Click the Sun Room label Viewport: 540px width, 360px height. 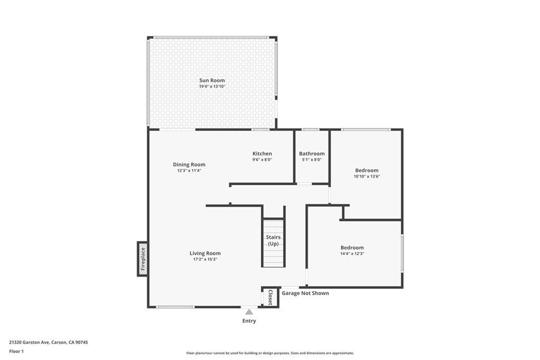[x=212, y=80]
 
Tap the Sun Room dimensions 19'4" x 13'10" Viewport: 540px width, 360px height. [x=212, y=86]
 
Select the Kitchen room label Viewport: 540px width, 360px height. [x=262, y=153]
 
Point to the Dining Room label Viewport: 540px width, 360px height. [x=189, y=164]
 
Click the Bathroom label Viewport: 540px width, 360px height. [x=312, y=153]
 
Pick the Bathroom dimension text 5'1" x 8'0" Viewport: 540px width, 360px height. [x=312, y=160]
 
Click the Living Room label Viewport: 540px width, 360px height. [x=205, y=254]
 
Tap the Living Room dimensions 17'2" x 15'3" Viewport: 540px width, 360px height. [x=205, y=259]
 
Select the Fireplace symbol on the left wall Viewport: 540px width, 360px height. [x=142, y=259]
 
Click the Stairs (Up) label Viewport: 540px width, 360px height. [x=273, y=240]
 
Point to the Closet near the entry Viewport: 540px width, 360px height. [x=271, y=297]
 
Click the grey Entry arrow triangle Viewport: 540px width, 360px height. [x=249, y=312]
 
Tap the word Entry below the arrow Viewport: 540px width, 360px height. [x=249, y=321]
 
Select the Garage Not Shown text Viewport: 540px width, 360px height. [x=305, y=293]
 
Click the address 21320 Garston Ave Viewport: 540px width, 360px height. [x=30, y=343]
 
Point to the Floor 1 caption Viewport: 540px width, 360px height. [x=16, y=352]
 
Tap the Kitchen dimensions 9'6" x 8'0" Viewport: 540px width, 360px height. [x=262, y=160]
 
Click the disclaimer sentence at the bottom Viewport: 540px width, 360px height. [x=270, y=353]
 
